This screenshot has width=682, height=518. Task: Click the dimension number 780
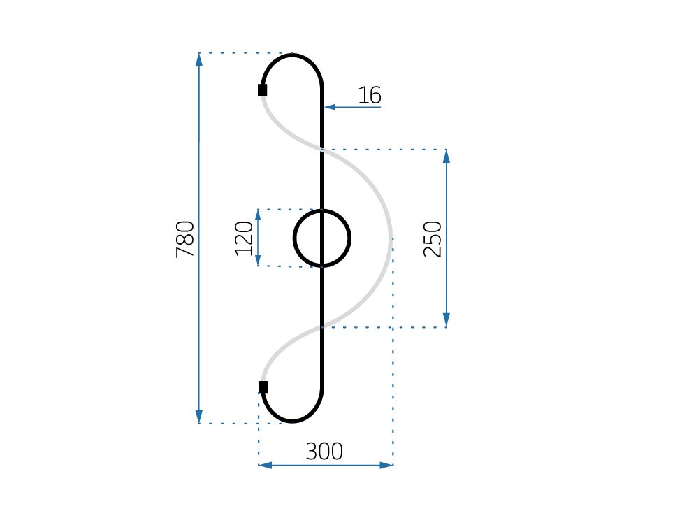pos(185,239)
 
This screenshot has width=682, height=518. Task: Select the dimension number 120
pos(244,238)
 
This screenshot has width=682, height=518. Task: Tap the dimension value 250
pos(433,238)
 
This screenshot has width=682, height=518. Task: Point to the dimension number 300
pos(324,452)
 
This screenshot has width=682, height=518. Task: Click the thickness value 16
pos(370,95)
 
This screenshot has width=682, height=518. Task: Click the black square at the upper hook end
pos(262,89)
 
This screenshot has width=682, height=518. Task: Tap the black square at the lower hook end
pos(263,387)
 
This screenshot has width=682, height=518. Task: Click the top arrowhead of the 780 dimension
pos(199,59)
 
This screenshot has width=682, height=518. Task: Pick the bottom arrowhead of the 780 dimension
pos(199,417)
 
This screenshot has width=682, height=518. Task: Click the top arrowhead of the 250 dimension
pos(447,156)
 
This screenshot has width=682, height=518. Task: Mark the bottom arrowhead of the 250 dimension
pos(447,321)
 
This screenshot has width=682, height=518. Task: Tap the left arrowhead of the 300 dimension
pos(265,465)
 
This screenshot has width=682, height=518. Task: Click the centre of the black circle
pos(321,238)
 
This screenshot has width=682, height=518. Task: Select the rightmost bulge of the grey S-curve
pos(390,238)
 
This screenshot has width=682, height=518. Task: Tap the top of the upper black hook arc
pos(292,55)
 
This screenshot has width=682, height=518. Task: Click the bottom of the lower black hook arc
pos(292,422)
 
